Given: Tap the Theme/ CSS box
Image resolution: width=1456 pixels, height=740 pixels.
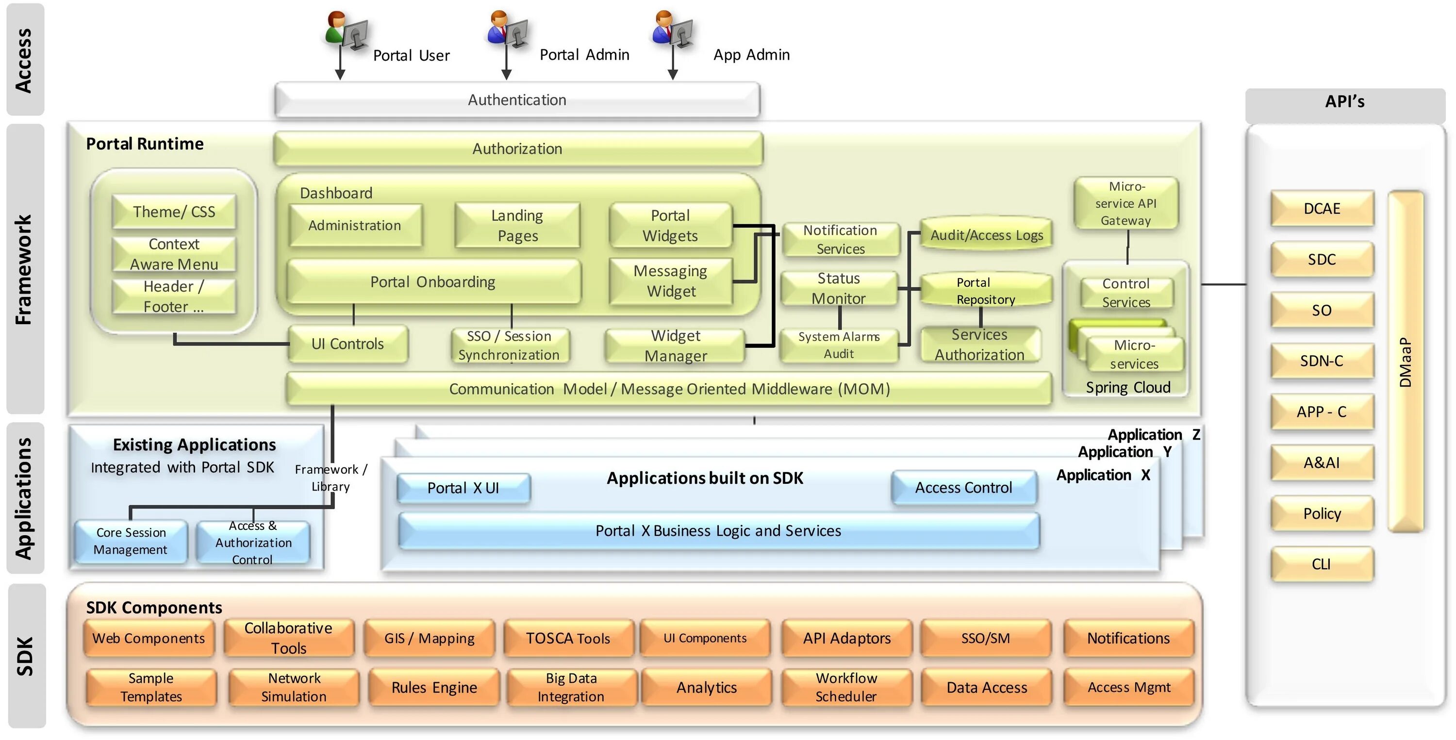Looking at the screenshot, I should tap(174, 212).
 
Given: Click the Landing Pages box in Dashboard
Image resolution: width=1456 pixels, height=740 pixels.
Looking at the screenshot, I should tap(517, 226).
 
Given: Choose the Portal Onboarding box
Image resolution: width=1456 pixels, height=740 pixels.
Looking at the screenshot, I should tap(433, 281).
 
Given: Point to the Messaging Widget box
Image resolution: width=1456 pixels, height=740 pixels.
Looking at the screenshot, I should tap(671, 281).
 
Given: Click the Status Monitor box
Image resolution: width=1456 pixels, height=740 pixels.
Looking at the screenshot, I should tap(839, 288).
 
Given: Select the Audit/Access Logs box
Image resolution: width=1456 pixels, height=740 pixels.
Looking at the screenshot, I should tap(986, 234).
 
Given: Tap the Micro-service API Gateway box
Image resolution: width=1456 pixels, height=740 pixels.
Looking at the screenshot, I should tap(1126, 203).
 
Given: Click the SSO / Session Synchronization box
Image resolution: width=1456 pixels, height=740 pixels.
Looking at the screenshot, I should tap(509, 345).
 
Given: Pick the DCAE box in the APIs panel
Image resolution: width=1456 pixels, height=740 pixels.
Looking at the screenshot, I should tap(1322, 209).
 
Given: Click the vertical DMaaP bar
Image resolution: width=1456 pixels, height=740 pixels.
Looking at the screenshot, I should tap(1406, 362).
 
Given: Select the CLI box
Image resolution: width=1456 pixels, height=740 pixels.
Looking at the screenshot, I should tap(1322, 564).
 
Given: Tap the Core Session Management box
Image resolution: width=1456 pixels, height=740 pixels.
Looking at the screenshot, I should tap(131, 542).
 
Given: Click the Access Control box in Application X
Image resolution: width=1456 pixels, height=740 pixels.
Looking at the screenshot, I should tap(964, 488).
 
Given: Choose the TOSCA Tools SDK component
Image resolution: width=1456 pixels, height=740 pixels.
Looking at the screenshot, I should tap(568, 638).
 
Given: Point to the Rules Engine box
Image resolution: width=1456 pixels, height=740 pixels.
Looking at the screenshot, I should tap(434, 688).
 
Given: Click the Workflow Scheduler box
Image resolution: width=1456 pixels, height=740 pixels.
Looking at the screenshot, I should tap(846, 688).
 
